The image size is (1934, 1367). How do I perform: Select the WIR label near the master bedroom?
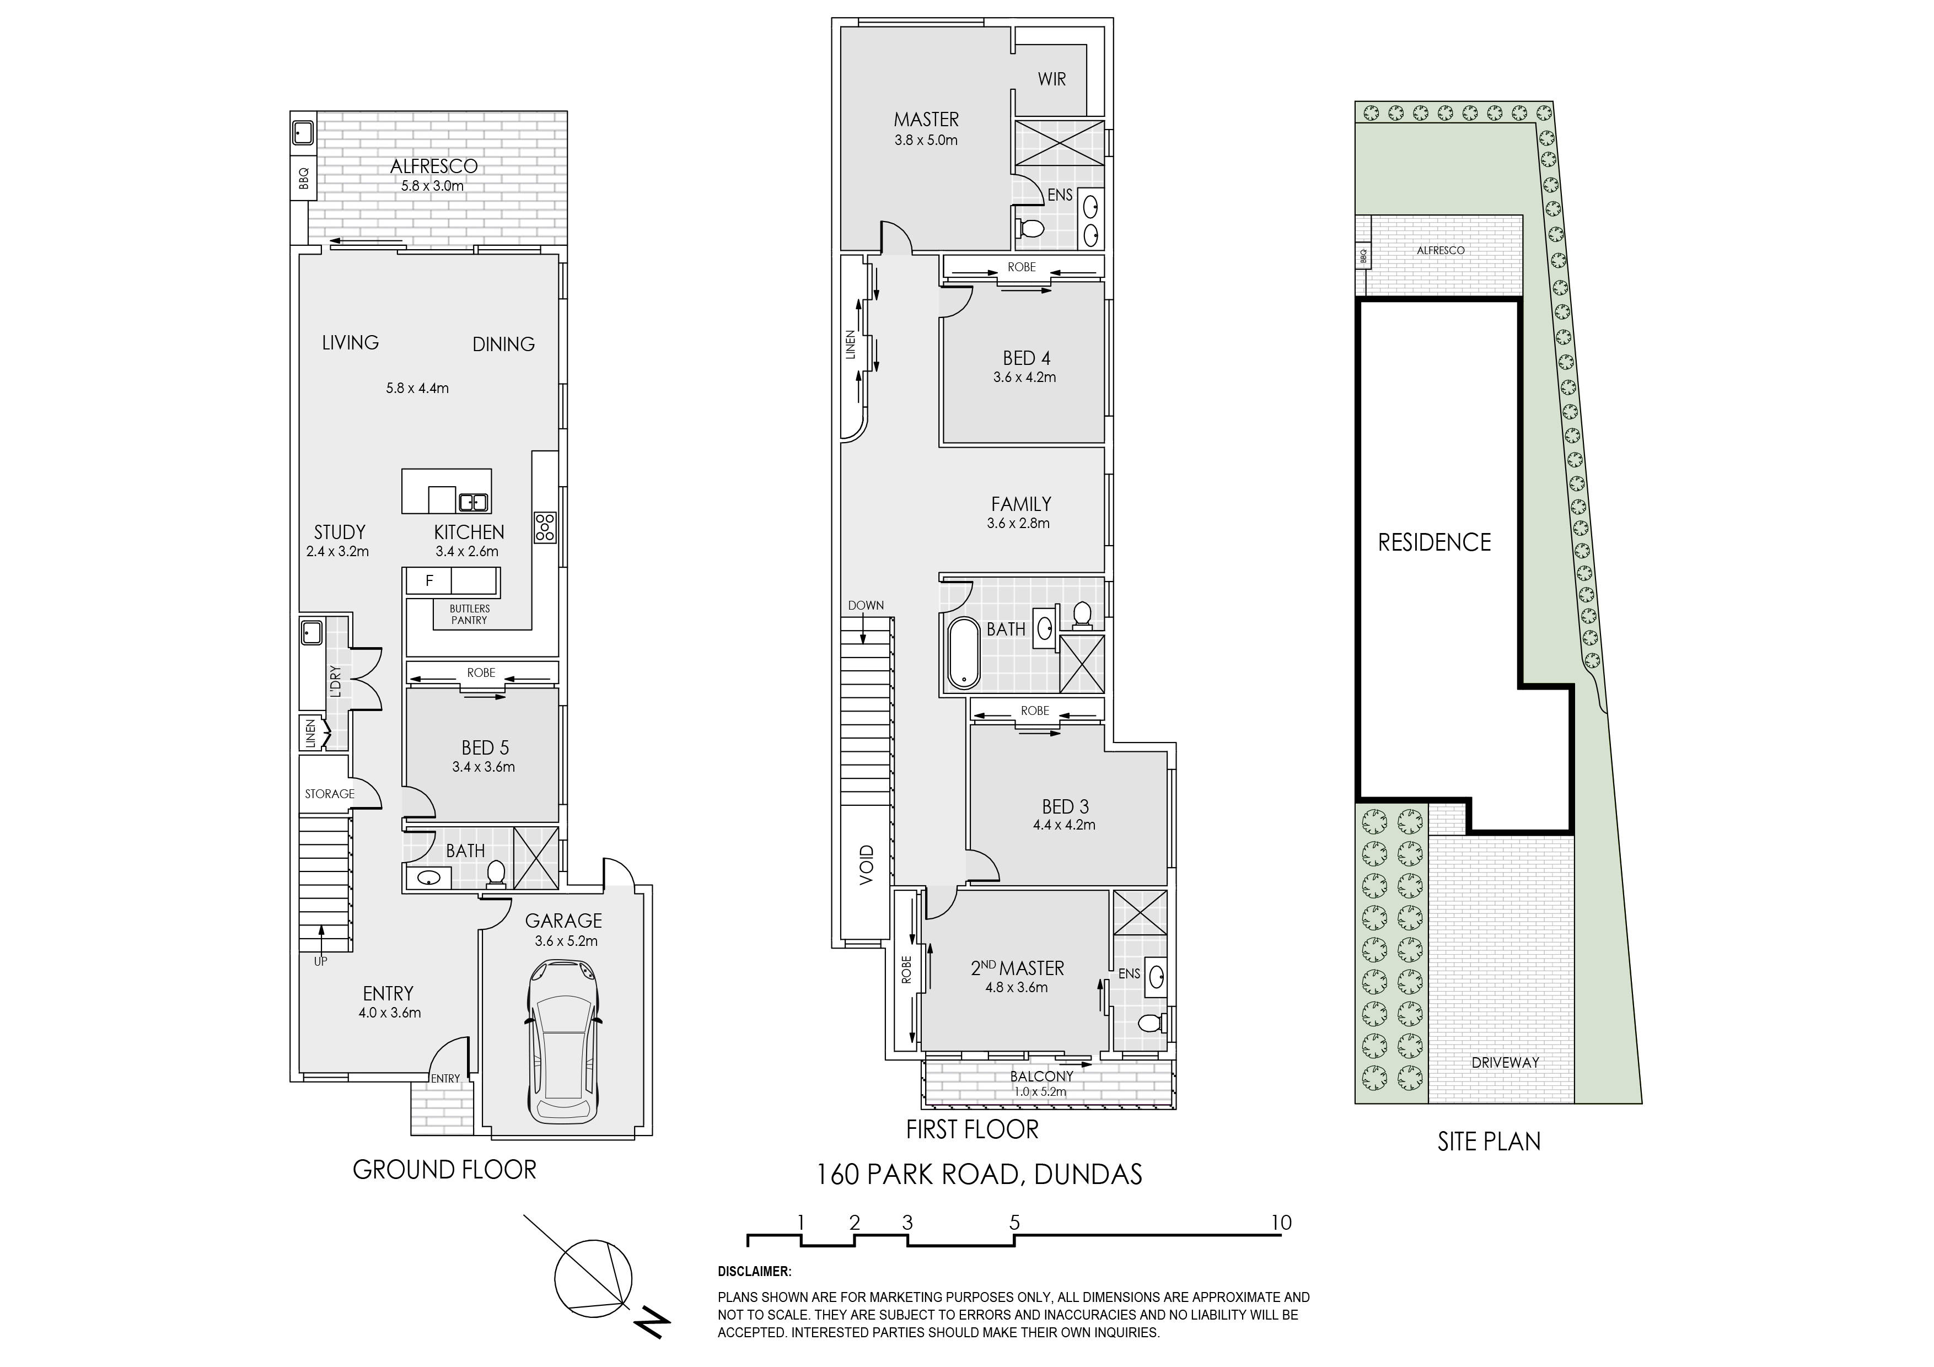point(1052,79)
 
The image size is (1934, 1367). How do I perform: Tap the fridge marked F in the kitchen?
point(429,580)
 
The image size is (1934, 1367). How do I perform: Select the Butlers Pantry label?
point(469,614)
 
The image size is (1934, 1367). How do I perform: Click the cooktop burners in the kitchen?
point(544,526)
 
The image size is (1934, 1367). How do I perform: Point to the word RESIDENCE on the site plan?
point(1435,542)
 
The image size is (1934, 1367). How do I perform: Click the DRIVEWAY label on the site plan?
point(1505,1063)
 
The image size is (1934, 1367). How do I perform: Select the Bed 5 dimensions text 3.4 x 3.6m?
point(483,767)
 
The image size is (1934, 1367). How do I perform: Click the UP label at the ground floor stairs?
point(320,961)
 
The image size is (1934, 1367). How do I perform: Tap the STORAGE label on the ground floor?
point(329,794)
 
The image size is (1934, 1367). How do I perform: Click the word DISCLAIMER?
point(754,1272)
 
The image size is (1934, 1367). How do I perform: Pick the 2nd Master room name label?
point(1018,968)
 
